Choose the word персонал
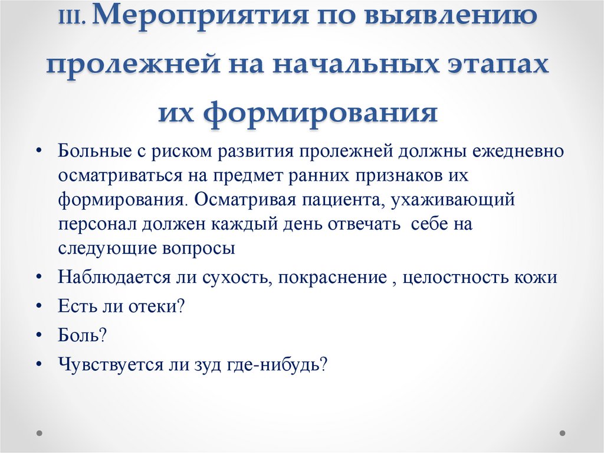click(x=97, y=224)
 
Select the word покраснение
click(x=330, y=278)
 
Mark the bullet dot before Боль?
click(x=38, y=335)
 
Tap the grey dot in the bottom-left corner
click(x=40, y=433)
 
